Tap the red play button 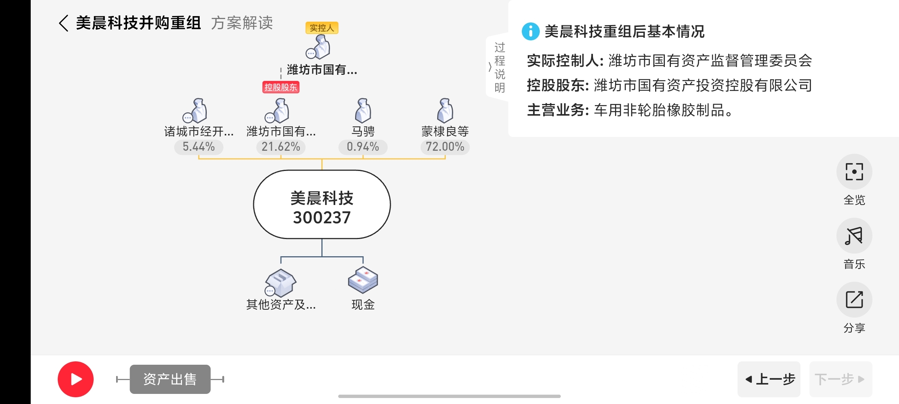point(75,379)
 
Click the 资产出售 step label point(170,379)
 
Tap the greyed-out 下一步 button point(840,379)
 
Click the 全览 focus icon point(854,172)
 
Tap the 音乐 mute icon point(854,236)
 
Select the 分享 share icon point(854,300)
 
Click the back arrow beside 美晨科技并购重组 point(64,23)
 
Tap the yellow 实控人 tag point(322,28)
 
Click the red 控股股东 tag point(281,87)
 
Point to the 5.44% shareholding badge point(199,147)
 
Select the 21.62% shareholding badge point(281,147)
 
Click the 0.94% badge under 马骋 point(363,147)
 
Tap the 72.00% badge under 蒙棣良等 point(445,147)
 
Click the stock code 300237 point(322,217)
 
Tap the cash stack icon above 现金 point(363,280)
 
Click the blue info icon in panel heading point(530,31)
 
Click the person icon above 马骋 point(363,111)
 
